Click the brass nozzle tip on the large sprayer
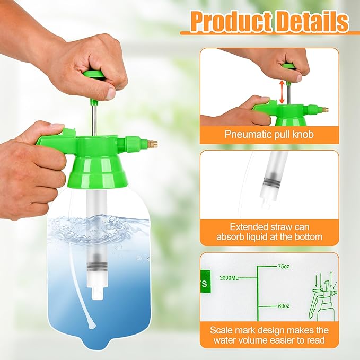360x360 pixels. (151, 144)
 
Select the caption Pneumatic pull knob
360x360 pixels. (269, 134)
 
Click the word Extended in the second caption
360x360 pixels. (236, 225)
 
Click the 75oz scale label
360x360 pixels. (284, 266)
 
